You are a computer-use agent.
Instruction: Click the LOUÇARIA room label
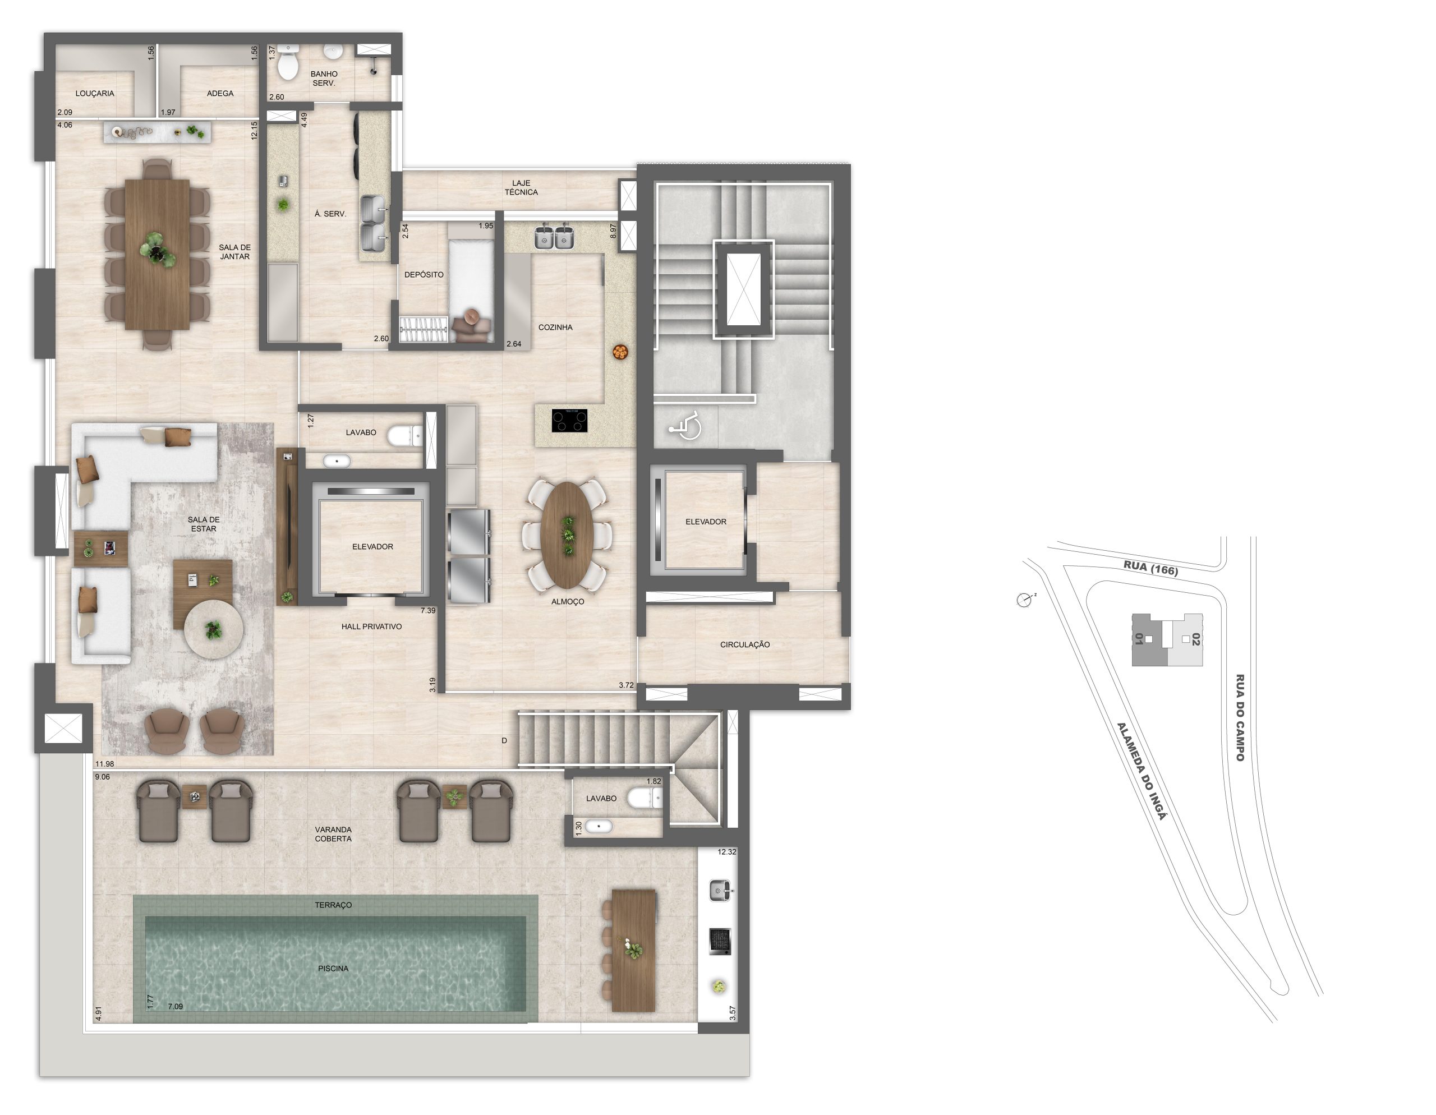click(x=95, y=93)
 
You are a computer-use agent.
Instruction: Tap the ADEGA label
click(x=220, y=93)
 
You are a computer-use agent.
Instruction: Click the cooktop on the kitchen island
click(x=569, y=420)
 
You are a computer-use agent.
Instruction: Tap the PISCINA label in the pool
click(x=333, y=969)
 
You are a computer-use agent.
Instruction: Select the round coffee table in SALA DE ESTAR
click(x=214, y=629)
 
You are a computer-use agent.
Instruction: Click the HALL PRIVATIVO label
click(x=371, y=626)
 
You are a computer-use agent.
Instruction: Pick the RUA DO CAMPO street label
click(x=1240, y=717)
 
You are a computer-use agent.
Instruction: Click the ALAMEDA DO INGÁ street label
click(x=1142, y=771)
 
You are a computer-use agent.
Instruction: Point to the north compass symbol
click(x=1024, y=600)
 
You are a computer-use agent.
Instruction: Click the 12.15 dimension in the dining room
click(x=255, y=130)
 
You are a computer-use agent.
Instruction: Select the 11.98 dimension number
click(x=104, y=764)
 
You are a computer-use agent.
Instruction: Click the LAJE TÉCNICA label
click(x=522, y=187)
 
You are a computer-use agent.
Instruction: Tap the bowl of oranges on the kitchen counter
click(x=619, y=352)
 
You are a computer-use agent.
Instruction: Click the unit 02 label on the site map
click(x=1196, y=639)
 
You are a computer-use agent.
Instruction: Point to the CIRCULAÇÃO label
click(x=745, y=645)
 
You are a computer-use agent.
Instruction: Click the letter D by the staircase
click(x=504, y=740)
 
